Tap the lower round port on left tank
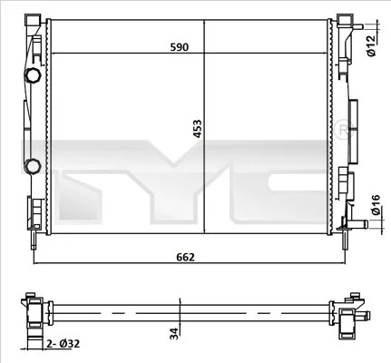click(33, 165)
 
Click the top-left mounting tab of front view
click(34, 19)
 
